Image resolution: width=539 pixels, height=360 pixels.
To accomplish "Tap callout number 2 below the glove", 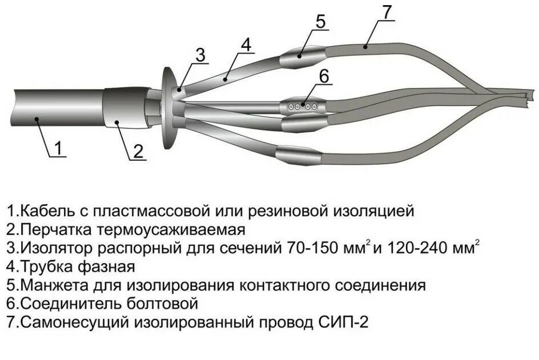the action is pyautogui.click(x=138, y=151).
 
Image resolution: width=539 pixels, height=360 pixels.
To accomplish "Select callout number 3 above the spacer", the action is pyautogui.click(x=200, y=55).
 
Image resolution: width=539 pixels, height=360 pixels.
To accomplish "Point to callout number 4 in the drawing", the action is pyautogui.click(x=246, y=44).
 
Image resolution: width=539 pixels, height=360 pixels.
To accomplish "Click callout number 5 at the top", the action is pyautogui.click(x=320, y=22).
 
